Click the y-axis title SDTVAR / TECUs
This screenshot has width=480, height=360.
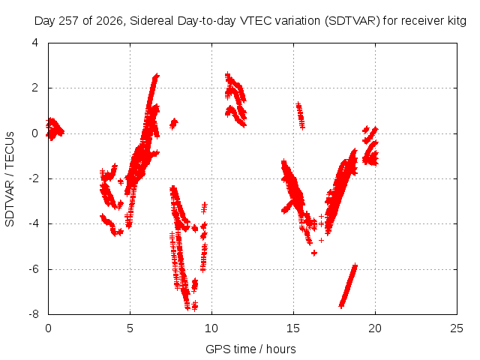point(10,179)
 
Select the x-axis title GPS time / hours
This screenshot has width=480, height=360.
point(250,349)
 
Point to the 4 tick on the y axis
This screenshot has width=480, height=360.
point(35,43)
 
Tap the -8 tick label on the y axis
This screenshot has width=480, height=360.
point(34,314)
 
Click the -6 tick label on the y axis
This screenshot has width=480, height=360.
point(34,269)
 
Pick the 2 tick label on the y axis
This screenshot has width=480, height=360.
point(35,88)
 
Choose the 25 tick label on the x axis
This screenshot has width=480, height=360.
point(457,328)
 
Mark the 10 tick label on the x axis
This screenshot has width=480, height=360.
point(211,328)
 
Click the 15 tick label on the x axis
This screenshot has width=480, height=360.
point(293,328)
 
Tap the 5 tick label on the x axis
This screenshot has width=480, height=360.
point(130,328)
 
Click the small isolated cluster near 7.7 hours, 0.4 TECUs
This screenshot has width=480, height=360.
point(174,124)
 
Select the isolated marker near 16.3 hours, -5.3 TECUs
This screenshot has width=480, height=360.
point(314,253)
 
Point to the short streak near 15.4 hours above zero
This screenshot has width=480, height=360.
point(300,115)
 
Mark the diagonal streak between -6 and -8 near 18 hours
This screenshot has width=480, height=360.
point(348,285)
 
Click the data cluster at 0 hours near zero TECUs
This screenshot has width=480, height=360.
point(54,129)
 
